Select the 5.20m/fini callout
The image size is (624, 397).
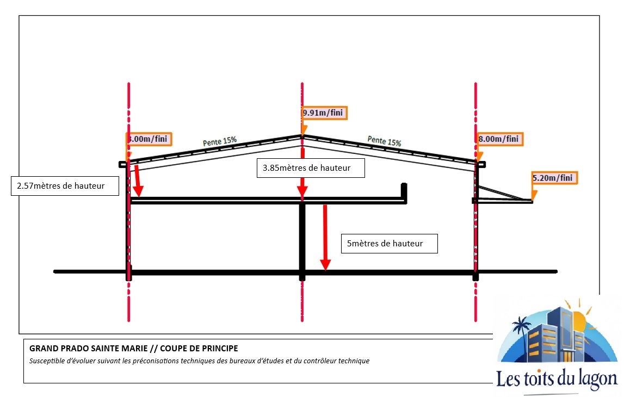[554, 178]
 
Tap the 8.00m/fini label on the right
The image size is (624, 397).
[499, 139]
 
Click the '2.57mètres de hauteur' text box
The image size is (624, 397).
[64, 186]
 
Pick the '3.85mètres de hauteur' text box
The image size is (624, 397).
[311, 168]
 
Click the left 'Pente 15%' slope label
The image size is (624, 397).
[220, 141]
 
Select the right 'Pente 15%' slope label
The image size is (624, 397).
[384, 140]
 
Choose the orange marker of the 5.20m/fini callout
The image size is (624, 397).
[534, 193]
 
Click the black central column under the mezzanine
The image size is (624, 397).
[302, 237]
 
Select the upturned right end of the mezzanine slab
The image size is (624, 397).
[404, 191]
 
